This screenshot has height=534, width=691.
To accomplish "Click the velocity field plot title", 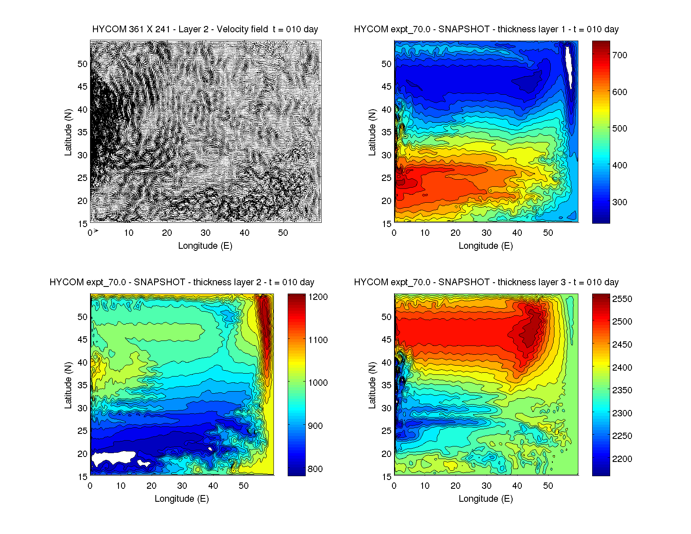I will click(x=205, y=29).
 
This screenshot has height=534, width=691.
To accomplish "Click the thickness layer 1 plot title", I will click(x=486, y=29).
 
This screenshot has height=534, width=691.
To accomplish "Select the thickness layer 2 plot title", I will click(x=182, y=282).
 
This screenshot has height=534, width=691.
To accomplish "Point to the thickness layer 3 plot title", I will click(x=486, y=282).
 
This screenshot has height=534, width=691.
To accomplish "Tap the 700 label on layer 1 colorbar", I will click(x=619, y=55).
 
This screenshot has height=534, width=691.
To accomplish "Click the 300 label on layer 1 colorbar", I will click(x=619, y=202).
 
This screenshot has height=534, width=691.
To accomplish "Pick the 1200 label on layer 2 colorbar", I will click(x=318, y=297).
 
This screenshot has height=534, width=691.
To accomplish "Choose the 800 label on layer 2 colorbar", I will click(x=315, y=469).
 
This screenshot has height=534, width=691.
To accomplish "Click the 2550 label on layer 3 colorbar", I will click(x=622, y=299).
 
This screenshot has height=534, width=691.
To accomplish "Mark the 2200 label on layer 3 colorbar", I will click(x=622, y=459).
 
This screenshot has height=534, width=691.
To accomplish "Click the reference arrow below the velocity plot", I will click(x=96, y=231).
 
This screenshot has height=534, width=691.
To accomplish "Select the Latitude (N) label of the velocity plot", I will click(x=68, y=132).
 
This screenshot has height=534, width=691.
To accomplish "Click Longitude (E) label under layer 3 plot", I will click(x=486, y=499).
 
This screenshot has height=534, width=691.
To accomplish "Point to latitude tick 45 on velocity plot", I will click(x=83, y=87).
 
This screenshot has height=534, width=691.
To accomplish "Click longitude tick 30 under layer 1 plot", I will click(x=486, y=233).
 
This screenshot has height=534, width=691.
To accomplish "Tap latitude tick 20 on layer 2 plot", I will click(x=83, y=454).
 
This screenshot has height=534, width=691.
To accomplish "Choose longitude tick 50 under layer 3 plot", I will click(x=548, y=486).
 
